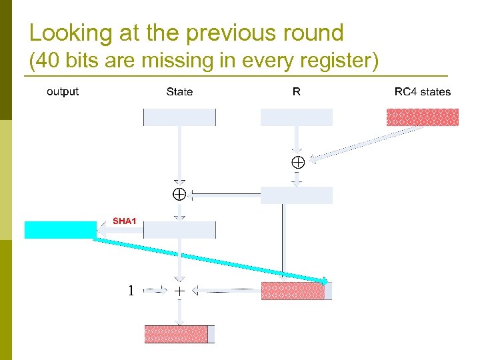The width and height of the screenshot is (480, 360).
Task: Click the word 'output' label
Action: click(x=63, y=92)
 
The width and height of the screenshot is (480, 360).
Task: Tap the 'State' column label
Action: click(x=179, y=92)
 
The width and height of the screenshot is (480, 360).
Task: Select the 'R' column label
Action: click(x=296, y=92)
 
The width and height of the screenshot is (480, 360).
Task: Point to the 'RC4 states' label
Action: click(x=423, y=92)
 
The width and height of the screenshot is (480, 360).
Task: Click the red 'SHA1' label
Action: click(x=124, y=221)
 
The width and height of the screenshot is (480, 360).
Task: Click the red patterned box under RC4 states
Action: click(x=423, y=117)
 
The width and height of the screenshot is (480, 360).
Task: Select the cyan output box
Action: click(x=61, y=229)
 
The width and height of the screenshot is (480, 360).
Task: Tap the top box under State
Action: click(x=179, y=117)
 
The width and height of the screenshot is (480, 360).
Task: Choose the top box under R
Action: click(x=296, y=117)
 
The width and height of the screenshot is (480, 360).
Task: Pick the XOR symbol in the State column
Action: click(x=179, y=195)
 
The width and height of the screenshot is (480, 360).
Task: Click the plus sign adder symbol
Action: click(x=179, y=291)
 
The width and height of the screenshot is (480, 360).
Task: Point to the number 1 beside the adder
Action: click(x=131, y=291)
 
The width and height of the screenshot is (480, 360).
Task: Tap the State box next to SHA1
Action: click(x=179, y=229)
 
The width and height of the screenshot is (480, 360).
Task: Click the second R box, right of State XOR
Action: click(x=296, y=195)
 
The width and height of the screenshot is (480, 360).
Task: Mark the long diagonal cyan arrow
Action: click(x=210, y=261)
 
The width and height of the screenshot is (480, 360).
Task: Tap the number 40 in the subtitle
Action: click(x=49, y=61)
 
